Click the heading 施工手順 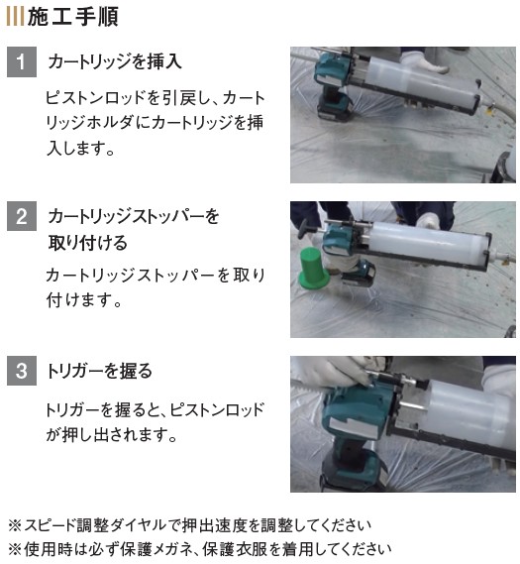pos(73,17)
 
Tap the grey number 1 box pos(22,61)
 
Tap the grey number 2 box pos(22,216)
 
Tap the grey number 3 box pos(22,371)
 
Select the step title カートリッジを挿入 pos(115,61)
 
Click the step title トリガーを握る pos(100,371)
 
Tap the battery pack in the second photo pos(359,275)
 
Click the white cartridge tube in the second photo pos(427,244)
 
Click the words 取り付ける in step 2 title pos(88,243)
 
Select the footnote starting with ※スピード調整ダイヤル pos(190,525)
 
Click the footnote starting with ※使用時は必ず pos(200,549)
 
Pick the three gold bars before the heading pos(16,17)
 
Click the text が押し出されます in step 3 pos(111,434)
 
